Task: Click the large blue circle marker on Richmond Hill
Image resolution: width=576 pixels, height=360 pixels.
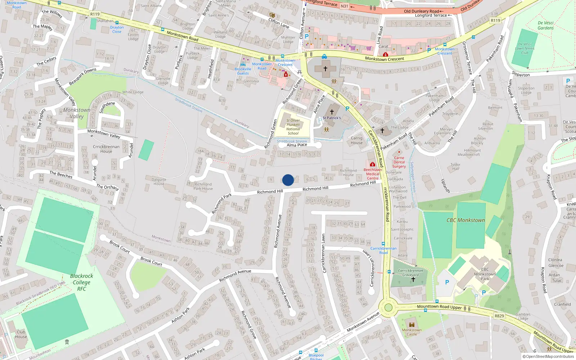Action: point(288,180)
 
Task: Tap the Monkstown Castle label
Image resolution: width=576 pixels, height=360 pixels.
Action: point(411,332)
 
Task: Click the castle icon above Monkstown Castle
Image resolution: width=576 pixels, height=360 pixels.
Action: point(412,324)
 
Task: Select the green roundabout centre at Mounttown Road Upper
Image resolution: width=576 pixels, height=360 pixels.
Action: point(388,307)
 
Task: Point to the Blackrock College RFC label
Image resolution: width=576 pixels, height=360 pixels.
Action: point(82,282)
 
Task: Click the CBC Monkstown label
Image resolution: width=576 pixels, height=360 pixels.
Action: point(465,220)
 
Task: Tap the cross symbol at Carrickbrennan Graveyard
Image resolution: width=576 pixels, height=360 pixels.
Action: point(413,279)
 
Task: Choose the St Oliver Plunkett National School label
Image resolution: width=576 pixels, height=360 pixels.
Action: point(293,127)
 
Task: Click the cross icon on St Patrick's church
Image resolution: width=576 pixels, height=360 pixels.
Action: point(332,112)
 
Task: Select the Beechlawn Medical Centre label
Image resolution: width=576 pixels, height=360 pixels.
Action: point(373,174)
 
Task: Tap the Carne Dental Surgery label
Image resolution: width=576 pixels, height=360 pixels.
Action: point(399,162)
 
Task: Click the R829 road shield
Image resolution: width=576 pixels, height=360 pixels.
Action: point(499,316)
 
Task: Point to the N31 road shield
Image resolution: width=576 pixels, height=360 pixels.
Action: point(345,6)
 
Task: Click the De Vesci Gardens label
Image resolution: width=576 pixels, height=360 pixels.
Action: point(545,25)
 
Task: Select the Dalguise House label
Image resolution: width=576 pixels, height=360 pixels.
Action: point(159,181)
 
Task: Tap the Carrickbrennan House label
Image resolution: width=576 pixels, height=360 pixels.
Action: point(106,149)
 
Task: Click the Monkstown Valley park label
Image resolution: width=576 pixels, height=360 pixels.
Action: point(77,113)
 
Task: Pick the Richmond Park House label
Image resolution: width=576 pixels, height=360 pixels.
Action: point(203,186)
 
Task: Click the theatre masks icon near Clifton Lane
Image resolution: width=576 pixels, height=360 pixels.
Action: point(272,15)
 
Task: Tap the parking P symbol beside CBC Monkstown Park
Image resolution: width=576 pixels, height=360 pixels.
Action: point(447,283)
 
